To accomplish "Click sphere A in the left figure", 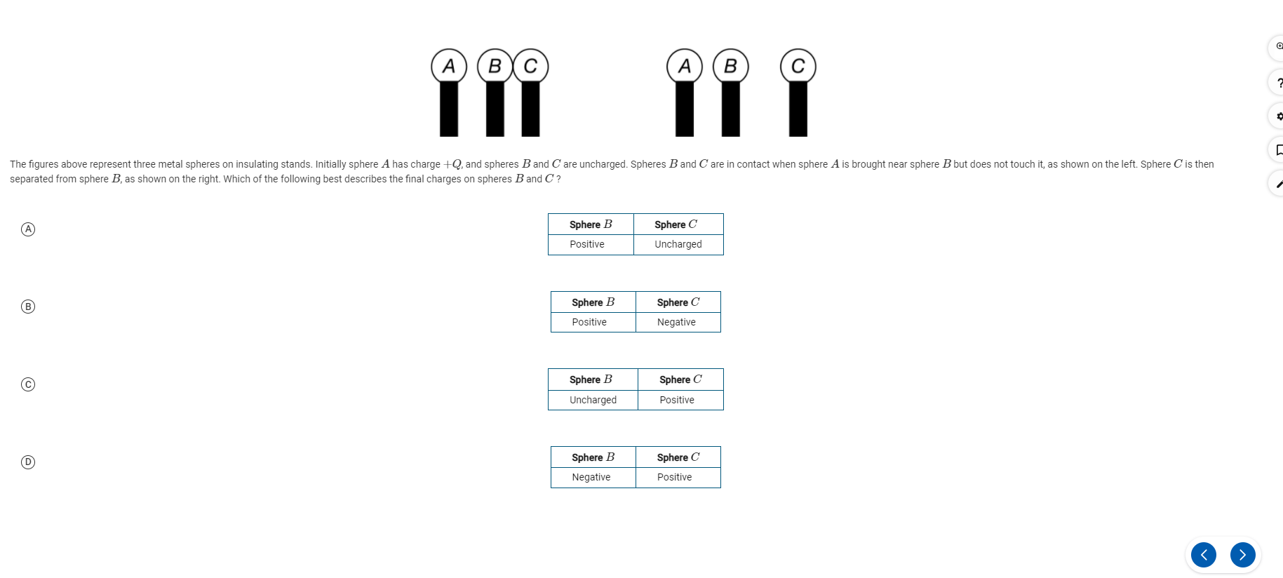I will tap(449, 67).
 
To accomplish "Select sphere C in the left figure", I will tap(531, 67).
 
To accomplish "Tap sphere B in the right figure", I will tap(730, 67).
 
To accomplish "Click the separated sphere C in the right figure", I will tap(798, 67).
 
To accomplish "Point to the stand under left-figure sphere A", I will tap(449, 109).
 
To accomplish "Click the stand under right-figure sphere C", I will tap(798, 109).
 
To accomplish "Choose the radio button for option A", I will tap(28, 229).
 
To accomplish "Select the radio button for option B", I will tap(28, 307).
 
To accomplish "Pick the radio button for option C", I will tap(28, 384).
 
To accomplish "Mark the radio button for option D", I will tap(28, 462).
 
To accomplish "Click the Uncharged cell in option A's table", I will tap(678, 244).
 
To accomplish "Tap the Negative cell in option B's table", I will tap(676, 322).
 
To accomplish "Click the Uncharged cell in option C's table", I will tap(593, 400).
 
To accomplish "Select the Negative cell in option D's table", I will tap(591, 477).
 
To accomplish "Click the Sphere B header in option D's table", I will tap(593, 457).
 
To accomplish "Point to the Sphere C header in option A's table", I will tap(676, 224).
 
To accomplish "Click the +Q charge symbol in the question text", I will tap(452, 164).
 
